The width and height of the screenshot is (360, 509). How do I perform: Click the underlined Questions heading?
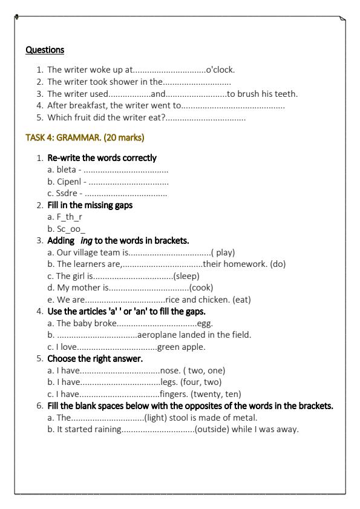pyautogui.click(x=45, y=49)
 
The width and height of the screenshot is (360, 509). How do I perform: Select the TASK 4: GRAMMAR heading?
pyautogui.click(x=85, y=137)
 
